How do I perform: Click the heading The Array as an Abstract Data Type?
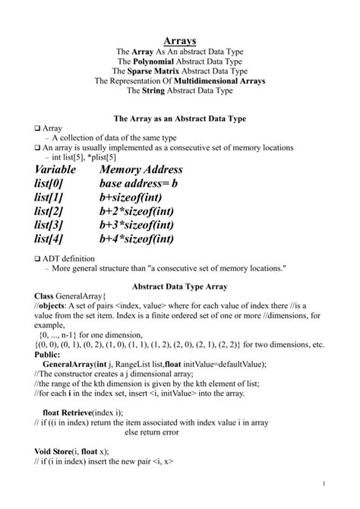click(179, 119)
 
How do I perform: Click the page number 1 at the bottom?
click(324, 484)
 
